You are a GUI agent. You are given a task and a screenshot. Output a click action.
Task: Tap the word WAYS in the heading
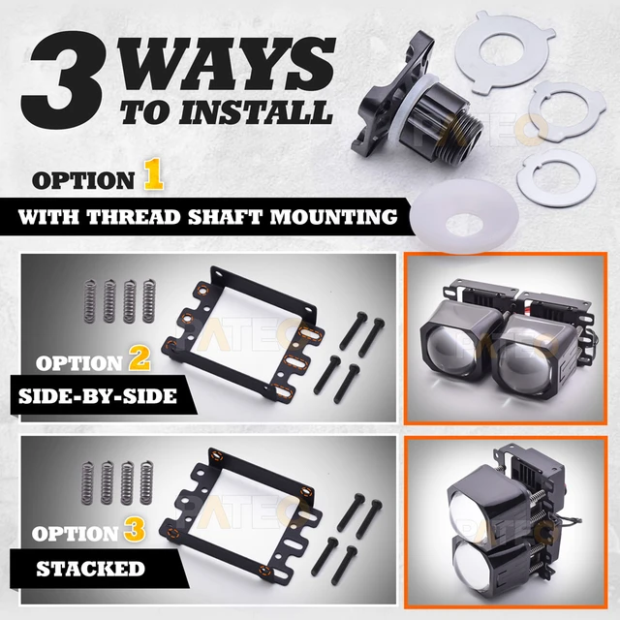[x=226, y=64]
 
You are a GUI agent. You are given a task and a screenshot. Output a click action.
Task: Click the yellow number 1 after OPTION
[x=153, y=174]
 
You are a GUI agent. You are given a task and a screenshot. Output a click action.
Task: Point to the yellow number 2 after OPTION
[x=139, y=357]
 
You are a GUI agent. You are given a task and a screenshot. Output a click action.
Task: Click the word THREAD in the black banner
[x=134, y=217]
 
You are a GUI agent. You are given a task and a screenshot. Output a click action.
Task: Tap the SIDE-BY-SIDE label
[x=98, y=396]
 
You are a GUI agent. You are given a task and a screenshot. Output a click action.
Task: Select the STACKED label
[x=90, y=569]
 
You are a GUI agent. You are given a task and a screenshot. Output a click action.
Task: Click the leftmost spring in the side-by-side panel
[x=91, y=300]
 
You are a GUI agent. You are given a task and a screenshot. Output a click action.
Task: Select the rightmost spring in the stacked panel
[x=146, y=482]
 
